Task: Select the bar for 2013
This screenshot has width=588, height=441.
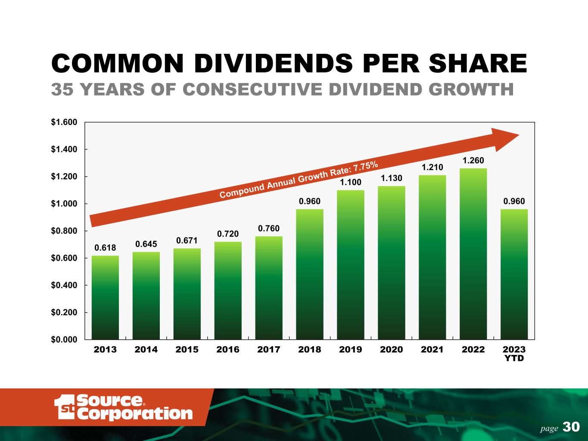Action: coord(105,298)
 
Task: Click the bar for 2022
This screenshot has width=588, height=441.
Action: coord(473,254)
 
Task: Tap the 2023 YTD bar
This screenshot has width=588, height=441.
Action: coord(514,274)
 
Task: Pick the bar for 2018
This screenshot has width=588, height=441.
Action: coord(310,274)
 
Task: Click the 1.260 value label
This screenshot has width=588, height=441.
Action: coord(473,160)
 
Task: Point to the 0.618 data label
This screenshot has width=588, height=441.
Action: coord(105,248)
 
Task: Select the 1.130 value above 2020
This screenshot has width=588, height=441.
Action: coord(392,178)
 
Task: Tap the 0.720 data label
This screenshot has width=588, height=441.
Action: coord(228,234)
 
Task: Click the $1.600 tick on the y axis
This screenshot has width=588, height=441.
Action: coord(64,122)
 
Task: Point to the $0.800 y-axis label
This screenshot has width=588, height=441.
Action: coord(64,231)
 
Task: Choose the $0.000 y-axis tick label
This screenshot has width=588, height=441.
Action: coord(64,339)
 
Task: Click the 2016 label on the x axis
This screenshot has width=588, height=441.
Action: coord(228,349)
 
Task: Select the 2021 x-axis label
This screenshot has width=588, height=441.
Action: coord(432,349)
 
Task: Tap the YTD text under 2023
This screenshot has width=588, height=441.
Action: coord(514,358)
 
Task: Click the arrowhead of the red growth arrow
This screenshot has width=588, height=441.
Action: coord(519,135)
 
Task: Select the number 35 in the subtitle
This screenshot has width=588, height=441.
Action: coord(62,89)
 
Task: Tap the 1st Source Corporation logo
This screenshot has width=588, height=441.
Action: coord(123,407)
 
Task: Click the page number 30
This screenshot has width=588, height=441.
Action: coord(571,427)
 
